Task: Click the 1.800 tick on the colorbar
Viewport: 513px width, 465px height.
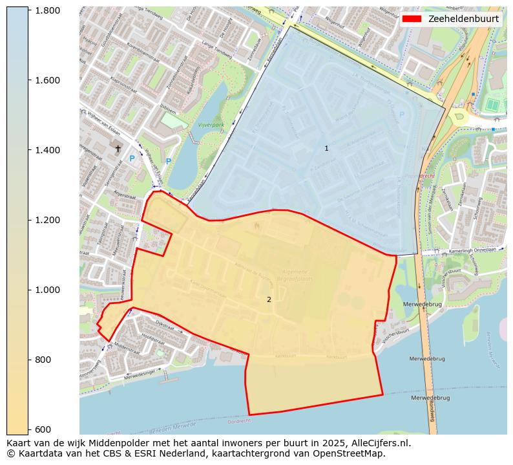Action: pyautogui.click(x=47, y=10)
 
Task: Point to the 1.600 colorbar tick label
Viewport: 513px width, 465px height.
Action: pyautogui.click(x=47, y=80)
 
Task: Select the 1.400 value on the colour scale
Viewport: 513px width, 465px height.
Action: pyautogui.click(x=47, y=150)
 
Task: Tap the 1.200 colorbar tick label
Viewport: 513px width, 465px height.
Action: pyautogui.click(x=47, y=220)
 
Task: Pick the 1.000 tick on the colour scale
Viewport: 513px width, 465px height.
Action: pyautogui.click(x=47, y=290)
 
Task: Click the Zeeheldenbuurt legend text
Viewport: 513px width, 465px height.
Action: pyautogui.click(x=463, y=19)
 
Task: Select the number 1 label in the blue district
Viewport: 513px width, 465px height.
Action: pyautogui.click(x=326, y=148)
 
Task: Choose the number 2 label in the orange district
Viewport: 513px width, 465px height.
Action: pyautogui.click(x=269, y=299)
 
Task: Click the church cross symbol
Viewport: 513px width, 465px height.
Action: pyautogui.click(x=118, y=148)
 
